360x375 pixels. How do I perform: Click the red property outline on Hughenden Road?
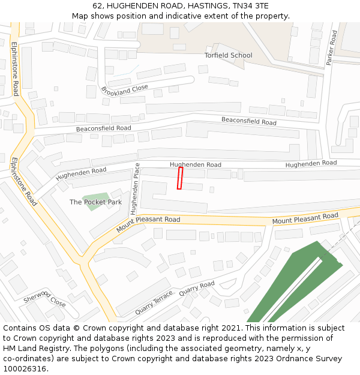tap(179, 178)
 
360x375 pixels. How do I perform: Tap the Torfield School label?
tap(228, 55)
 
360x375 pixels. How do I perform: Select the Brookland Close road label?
tap(124, 91)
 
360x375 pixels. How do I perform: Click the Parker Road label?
tap(331, 48)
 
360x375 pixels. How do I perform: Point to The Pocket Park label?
tap(95, 202)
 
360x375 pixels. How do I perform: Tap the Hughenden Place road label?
tap(135, 188)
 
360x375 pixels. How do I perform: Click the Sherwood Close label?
tap(44, 298)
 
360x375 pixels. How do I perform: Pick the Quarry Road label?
tap(197, 289)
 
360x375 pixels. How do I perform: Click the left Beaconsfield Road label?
tap(103, 128)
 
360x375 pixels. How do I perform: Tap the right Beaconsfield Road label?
tap(248, 121)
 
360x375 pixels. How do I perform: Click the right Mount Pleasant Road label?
tap(305, 219)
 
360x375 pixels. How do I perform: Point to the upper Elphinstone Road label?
tap(15, 60)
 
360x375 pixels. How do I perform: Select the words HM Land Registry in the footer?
tap(33, 349)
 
